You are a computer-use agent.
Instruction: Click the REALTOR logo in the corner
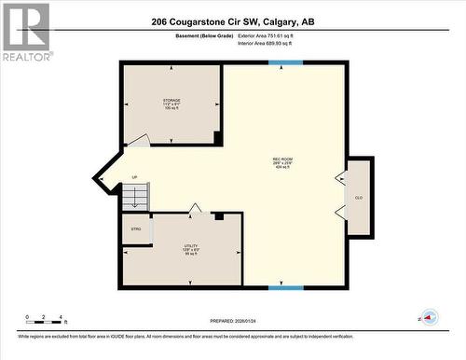coord(25,31)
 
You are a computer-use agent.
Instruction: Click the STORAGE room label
coord(171,102)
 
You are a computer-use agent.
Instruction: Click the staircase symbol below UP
coord(135,197)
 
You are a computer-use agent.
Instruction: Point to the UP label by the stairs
coord(134,177)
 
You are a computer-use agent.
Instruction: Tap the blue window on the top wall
coord(285,62)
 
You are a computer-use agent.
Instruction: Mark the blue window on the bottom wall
coord(285,287)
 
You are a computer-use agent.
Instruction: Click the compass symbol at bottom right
coord(429,316)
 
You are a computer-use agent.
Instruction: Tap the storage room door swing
coord(137,141)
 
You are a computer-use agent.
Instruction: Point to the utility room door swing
coord(195,207)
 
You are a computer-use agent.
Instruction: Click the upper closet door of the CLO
coord(341,178)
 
